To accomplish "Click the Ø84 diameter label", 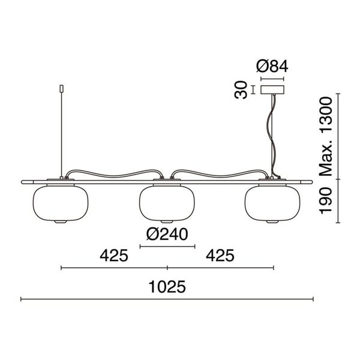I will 272,65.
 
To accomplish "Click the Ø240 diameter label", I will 167,233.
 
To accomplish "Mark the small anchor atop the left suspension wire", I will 61,91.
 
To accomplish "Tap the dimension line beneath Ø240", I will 167,246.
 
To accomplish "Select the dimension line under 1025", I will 167,298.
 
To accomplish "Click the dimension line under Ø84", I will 272,77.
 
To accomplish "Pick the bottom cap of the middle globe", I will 167,223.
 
